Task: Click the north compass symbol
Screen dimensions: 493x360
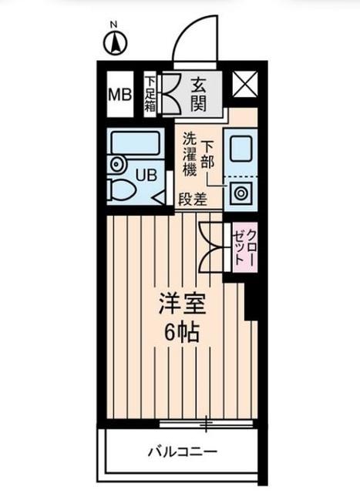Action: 114,42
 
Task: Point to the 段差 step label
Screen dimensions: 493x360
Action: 193,200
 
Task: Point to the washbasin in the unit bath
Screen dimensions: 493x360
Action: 116,163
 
